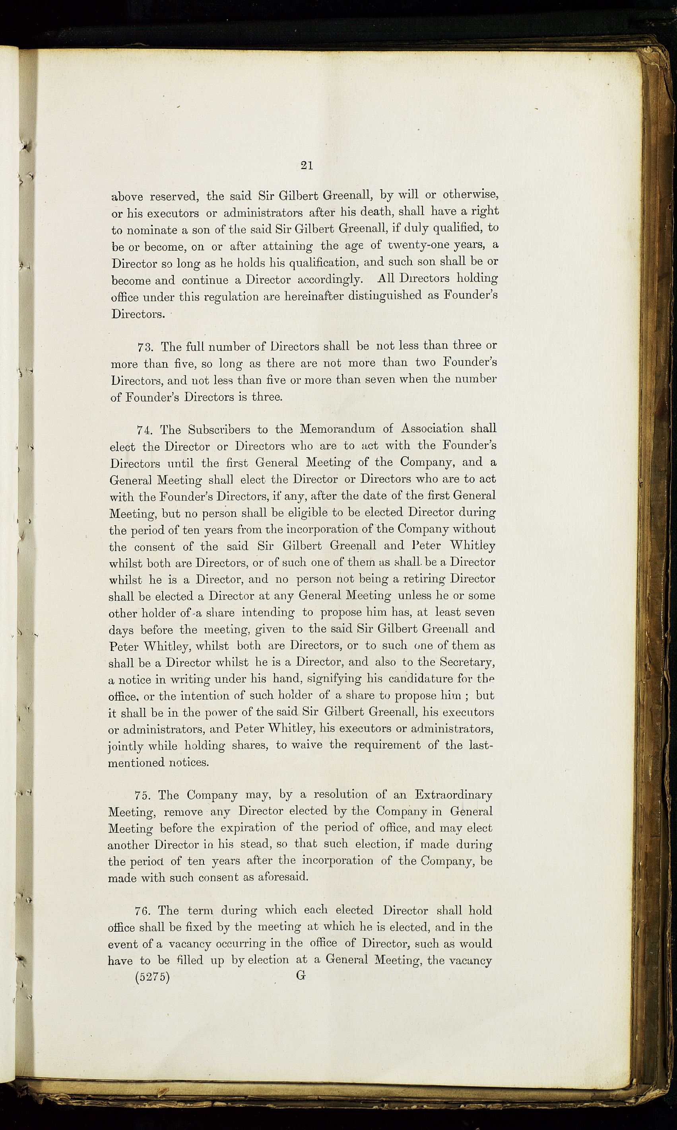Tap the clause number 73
pyautogui.click(x=145, y=347)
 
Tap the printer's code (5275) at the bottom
pyautogui.click(x=152, y=978)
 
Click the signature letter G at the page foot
pyautogui.click(x=301, y=976)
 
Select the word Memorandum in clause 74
pyautogui.click(x=338, y=429)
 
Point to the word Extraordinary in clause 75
pyautogui.click(x=454, y=795)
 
